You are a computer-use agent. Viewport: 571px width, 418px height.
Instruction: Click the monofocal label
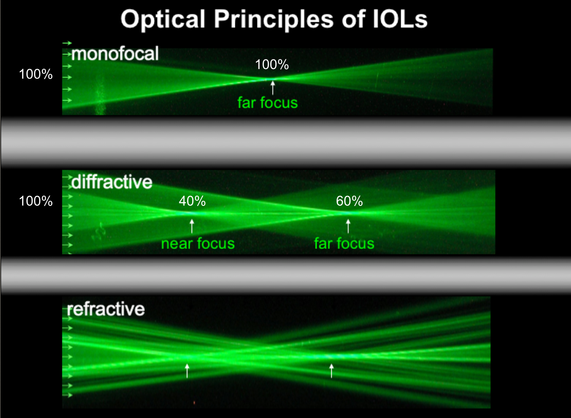(115, 53)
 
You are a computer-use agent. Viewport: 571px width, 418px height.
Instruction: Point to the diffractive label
(112, 182)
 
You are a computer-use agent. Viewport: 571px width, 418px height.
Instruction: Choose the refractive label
(106, 309)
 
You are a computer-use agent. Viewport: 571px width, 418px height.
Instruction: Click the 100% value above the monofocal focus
(272, 65)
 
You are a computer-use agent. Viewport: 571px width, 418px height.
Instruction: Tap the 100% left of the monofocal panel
(36, 74)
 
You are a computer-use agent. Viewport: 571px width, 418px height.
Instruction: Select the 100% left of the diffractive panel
(36, 201)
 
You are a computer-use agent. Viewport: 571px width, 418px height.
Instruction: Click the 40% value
(192, 201)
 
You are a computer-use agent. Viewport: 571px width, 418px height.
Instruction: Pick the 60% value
(349, 201)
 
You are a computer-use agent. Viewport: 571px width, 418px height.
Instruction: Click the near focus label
(198, 244)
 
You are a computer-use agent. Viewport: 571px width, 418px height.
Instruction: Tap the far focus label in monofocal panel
(268, 103)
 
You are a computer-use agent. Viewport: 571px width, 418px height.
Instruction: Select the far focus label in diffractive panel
(344, 244)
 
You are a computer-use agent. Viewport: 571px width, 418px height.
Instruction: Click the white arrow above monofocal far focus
(273, 87)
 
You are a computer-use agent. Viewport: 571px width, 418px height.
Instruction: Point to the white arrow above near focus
(192, 226)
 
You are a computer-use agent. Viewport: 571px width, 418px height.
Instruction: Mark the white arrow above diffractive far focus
(348, 226)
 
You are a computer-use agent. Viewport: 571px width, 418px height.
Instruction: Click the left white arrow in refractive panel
(187, 371)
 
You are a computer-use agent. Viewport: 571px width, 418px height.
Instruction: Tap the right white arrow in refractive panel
(331, 371)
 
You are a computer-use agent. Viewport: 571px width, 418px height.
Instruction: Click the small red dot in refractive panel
(194, 403)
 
